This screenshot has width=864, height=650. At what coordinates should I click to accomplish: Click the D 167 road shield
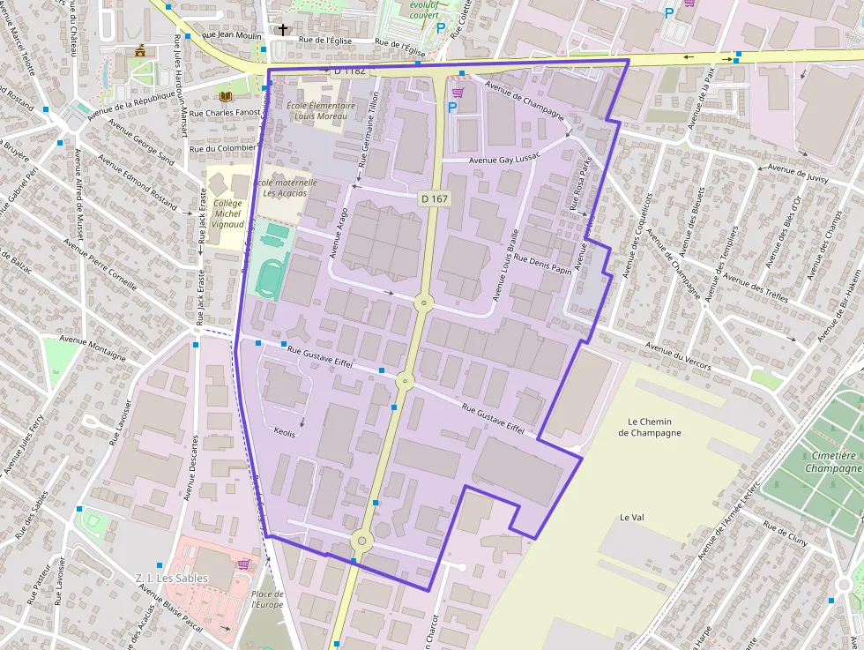[x=435, y=198]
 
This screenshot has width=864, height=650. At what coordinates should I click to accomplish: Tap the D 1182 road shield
[x=349, y=70]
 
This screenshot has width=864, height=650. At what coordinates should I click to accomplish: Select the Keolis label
[x=285, y=434]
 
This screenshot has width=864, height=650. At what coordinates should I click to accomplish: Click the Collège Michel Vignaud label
[x=227, y=213]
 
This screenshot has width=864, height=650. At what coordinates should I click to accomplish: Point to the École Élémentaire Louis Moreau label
[x=321, y=110]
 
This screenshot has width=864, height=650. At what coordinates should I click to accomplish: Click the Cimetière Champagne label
[x=833, y=462]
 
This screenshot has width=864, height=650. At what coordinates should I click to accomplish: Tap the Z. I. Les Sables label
[x=172, y=578]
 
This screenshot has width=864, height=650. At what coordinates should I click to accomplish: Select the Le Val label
[x=633, y=517]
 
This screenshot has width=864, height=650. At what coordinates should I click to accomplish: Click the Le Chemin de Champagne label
[x=650, y=428]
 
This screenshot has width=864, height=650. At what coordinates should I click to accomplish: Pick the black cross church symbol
[x=282, y=30]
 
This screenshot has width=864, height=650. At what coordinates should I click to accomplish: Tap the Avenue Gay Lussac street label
[x=503, y=161]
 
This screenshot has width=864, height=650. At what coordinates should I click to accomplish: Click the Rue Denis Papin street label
[x=544, y=265]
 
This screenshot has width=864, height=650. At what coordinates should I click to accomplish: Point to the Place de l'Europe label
[x=267, y=600]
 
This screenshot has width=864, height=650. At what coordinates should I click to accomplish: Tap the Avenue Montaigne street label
[x=93, y=343]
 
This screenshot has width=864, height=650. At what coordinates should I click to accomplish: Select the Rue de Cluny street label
[x=786, y=534]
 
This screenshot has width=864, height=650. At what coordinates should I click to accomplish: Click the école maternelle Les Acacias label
[x=284, y=187]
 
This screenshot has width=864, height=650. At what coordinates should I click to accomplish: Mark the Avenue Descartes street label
[x=190, y=467]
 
